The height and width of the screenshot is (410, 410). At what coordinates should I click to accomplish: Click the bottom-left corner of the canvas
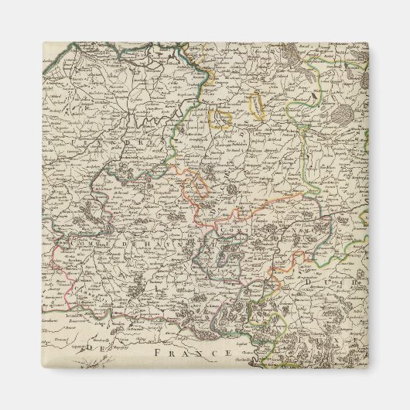43,367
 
